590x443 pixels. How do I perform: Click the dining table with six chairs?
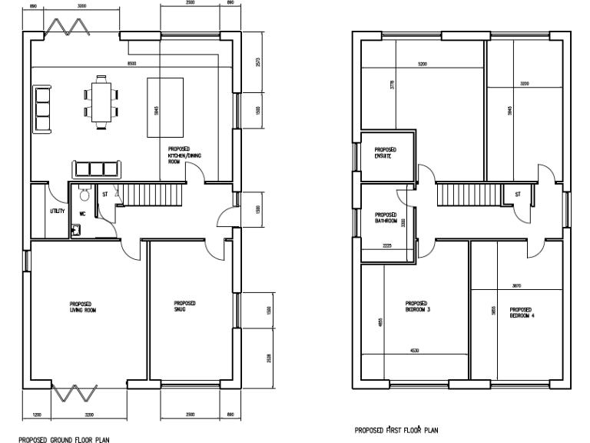pyautogui.click(x=101, y=98)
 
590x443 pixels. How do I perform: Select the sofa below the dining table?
pyautogui.click(x=97, y=169)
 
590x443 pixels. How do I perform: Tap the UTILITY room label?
pyautogui.click(x=58, y=210)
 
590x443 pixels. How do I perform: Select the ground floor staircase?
pyautogui.click(x=150, y=195)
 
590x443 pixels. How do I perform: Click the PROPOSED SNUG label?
pyautogui.click(x=185, y=306)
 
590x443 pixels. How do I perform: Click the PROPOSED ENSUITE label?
pyautogui.click(x=384, y=152)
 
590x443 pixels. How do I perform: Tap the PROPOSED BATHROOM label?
pyautogui.click(x=386, y=218)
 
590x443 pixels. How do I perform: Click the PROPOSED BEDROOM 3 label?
pyautogui.click(x=417, y=305)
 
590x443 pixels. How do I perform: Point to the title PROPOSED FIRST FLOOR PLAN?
pyautogui.click(x=396, y=431)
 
